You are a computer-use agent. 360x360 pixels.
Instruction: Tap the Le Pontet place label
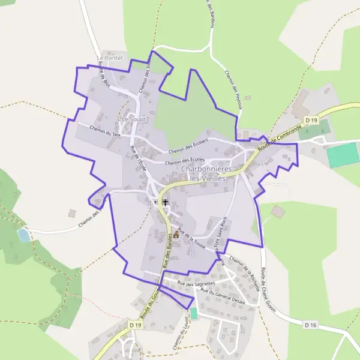(x=109, y=58)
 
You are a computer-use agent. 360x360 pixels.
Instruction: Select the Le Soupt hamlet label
(x=133, y=119)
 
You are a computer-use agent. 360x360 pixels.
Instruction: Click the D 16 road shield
(x=310, y=325)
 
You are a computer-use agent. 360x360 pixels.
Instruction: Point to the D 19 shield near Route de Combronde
(x=310, y=121)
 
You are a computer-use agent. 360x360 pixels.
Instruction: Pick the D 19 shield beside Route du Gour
(x=135, y=325)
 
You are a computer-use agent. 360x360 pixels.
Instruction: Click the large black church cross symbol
(x=165, y=203)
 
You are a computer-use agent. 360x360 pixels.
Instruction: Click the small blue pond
(x=23, y=235)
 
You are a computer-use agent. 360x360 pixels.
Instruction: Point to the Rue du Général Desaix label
(x=223, y=296)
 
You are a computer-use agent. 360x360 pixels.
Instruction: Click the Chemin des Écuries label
(x=185, y=161)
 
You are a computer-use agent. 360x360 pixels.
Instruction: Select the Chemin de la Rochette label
(x=244, y=271)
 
